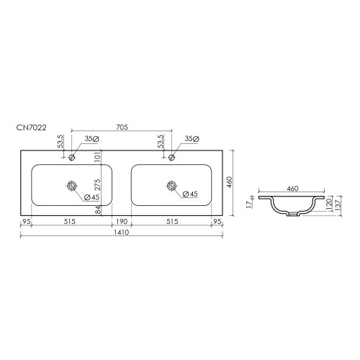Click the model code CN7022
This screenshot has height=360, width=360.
click(31, 127)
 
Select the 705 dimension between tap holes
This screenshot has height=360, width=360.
click(122, 127)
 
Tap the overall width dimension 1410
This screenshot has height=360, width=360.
click(122, 233)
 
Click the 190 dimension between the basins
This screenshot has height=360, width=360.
click(122, 221)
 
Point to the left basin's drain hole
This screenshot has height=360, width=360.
click(71, 186)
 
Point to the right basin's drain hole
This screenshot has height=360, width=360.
click(171, 186)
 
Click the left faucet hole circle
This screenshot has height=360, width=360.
click(71, 158)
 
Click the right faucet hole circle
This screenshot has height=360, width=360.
click(171, 158)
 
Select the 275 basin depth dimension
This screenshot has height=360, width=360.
click(98, 185)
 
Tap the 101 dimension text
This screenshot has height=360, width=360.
click(98, 157)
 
